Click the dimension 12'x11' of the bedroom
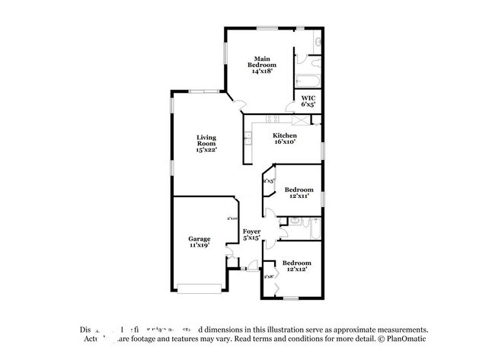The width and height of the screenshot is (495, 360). pyautogui.click(x=299, y=196)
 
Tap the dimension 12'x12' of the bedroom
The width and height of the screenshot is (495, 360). pyautogui.click(x=297, y=269)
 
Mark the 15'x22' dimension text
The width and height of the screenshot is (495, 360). pyautogui.click(x=206, y=149)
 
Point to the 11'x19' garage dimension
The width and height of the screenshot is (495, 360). pyautogui.click(x=200, y=245)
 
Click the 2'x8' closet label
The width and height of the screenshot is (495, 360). pyautogui.click(x=268, y=276)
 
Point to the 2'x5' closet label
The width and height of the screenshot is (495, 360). pyautogui.click(x=268, y=181)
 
